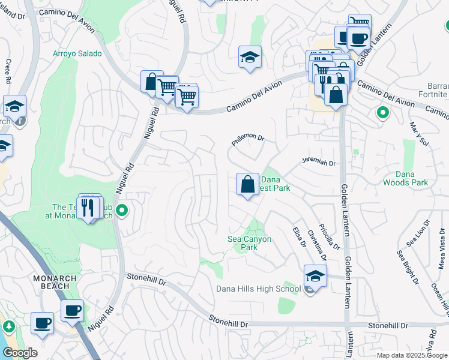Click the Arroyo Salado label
(x=77, y=53)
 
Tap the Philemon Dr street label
(x=248, y=140)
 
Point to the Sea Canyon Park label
(x=250, y=243)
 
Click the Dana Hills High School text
(x=258, y=289)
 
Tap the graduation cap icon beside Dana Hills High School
(x=315, y=276)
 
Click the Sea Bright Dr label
(x=407, y=265)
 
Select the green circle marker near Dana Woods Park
(x=381, y=112)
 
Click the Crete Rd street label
(x=8, y=71)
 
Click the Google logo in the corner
(x=20, y=353)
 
